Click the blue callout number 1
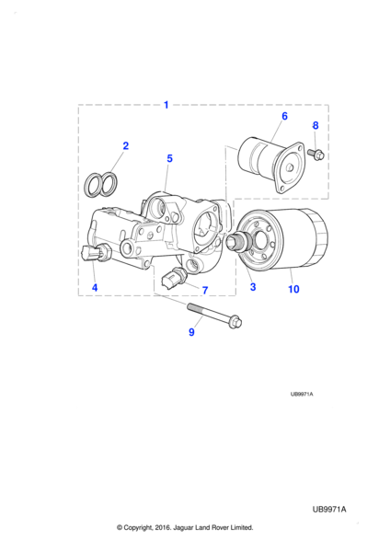tap(166, 105)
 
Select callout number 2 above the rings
tap(126, 145)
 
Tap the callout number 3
tap(253, 287)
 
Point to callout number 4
tap(95, 288)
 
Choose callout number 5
tap(169, 158)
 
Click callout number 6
tap(284, 116)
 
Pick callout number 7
tap(205, 291)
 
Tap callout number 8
tap(315, 125)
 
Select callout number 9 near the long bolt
tap(191, 332)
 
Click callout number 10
tap(293, 289)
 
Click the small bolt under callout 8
tap(315, 155)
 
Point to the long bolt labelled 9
tap(214, 315)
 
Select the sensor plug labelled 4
tap(96, 253)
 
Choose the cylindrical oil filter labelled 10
tap(283, 241)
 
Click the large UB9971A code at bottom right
tap(329, 510)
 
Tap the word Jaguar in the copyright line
tap(184, 527)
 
